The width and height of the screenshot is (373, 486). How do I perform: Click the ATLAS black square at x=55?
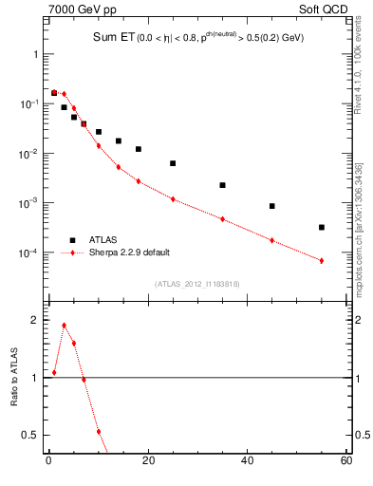322,227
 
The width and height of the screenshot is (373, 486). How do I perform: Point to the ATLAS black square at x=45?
271,206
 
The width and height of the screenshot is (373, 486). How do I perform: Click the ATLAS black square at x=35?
222,185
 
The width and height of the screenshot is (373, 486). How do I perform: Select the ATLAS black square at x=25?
173,163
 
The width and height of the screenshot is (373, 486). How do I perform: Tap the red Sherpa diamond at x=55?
322,261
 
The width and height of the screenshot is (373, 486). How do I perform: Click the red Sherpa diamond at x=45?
271,240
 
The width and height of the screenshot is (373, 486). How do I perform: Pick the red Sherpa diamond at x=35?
222,219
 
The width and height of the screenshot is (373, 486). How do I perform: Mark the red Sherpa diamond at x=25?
173,199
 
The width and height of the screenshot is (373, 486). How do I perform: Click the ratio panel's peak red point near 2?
64,326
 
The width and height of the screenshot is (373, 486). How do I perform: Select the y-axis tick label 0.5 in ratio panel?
31,435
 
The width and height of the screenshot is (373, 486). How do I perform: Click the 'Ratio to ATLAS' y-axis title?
13,379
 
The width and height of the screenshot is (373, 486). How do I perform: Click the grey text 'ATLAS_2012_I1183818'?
196,283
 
